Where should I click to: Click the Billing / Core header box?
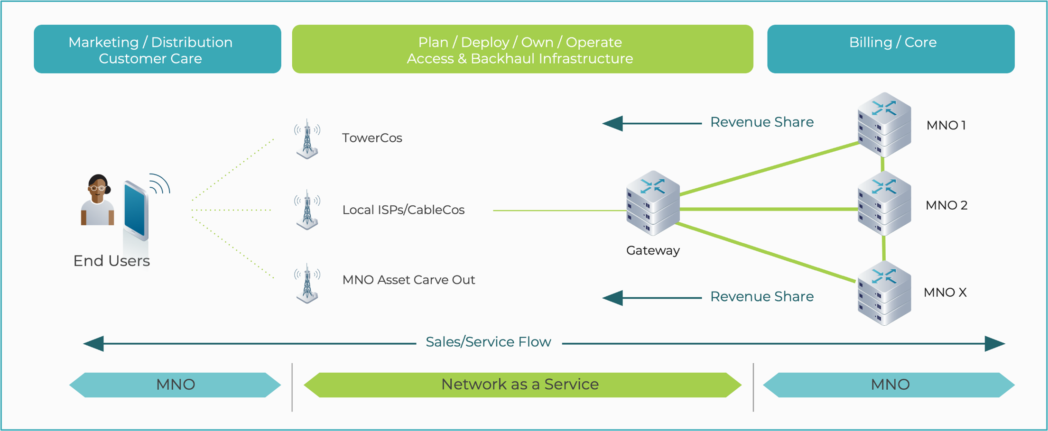click(890, 49)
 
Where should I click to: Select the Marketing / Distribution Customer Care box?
click(157, 49)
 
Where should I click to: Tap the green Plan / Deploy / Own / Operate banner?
click(522, 49)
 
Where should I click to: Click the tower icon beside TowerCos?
click(307, 138)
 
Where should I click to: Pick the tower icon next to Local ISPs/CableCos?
click(307, 210)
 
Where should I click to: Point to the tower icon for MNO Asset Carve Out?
click(307, 283)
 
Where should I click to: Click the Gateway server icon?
click(653, 203)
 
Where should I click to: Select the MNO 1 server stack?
click(884, 125)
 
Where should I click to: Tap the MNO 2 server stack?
click(884, 204)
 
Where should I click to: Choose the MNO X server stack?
click(884, 293)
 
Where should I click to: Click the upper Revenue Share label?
click(761, 122)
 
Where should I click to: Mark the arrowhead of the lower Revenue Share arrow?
click(612, 298)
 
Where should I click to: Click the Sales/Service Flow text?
click(488, 341)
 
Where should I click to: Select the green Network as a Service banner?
click(522, 384)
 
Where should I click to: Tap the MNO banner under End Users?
click(175, 384)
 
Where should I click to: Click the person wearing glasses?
click(98, 200)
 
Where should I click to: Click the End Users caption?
click(111, 261)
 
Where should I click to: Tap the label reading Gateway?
click(653, 250)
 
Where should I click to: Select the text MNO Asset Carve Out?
click(408, 280)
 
